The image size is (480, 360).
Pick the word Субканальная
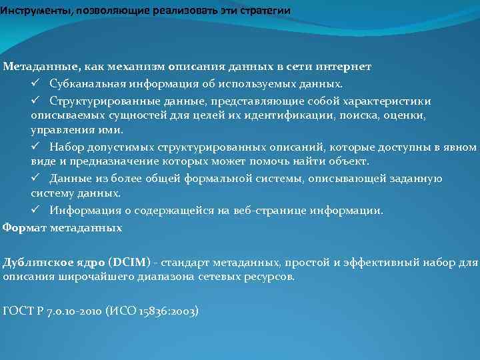pyautogui.click(x=85, y=84)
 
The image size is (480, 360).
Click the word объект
pyautogui.click(x=349, y=161)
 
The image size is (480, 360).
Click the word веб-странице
pyautogui.click(x=265, y=211)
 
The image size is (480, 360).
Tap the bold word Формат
pyautogui.click(x=23, y=227)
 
